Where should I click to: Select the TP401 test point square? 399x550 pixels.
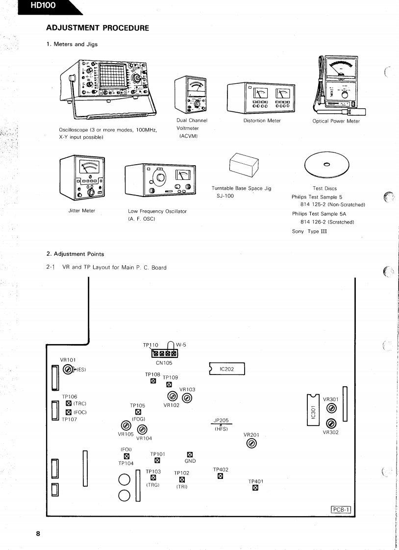click(255, 488)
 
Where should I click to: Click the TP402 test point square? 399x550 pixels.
click(221, 476)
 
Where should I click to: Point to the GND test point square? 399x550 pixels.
click(190, 454)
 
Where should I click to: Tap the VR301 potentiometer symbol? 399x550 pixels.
click(331, 408)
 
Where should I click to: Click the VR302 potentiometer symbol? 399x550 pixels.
click(331, 423)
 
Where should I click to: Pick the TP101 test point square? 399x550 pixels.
click(157, 460)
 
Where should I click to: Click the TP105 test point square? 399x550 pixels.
click(138, 412)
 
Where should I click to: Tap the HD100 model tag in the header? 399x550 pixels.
click(43, 6)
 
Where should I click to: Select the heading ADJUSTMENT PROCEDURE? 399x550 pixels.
click(98, 28)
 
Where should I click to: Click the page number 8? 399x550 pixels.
click(39, 533)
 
